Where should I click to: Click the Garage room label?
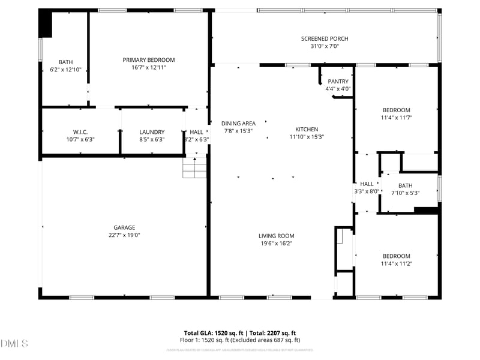click(x=124, y=227)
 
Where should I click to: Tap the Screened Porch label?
click(x=325, y=39)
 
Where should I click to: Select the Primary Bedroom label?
click(x=149, y=59)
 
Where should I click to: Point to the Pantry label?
click(x=338, y=82)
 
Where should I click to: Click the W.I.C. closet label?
click(x=81, y=132)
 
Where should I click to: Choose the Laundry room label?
click(x=152, y=132)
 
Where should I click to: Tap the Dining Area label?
click(x=238, y=124)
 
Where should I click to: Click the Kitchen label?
click(x=307, y=129)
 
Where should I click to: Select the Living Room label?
click(x=277, y=236)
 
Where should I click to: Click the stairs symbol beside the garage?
click(x=194, y=167)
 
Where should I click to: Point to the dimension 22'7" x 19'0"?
click(x=124, y=235)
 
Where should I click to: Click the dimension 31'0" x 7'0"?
click(x=325, y=47)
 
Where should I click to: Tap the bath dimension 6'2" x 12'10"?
click(x=65, y=70)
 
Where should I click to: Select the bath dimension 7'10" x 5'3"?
click(x=405, y=193)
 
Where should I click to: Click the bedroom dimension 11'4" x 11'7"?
click(x=397, y=118)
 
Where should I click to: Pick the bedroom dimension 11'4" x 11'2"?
click(x=397, y=263)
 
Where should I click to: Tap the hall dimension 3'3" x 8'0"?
click(x=366, y=192)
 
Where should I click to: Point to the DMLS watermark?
click(x=14, y=344)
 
